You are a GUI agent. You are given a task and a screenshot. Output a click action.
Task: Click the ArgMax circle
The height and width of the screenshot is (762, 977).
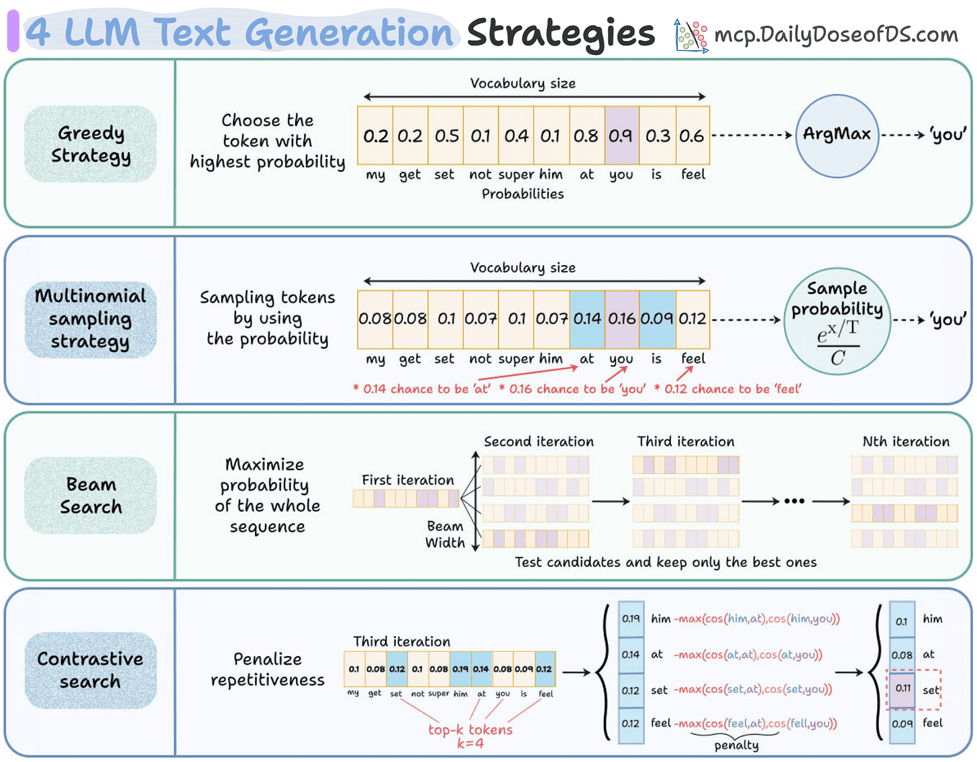(x=837, y=135)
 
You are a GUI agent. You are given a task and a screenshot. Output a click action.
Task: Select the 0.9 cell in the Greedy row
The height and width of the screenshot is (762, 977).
(x=621, y=135)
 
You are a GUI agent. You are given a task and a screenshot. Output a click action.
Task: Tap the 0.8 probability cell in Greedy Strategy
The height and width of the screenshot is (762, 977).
(x=586, y=135)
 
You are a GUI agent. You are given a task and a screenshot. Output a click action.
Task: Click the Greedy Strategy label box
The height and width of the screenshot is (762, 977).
(x=91, y=144)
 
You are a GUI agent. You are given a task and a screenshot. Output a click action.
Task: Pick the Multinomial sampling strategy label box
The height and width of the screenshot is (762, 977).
(x=91, y=319)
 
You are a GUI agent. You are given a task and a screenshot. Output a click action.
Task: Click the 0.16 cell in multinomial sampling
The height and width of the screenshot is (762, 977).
(x=621, y=319)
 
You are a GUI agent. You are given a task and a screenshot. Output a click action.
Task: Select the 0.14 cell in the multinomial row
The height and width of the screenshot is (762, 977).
(x=587, y=319)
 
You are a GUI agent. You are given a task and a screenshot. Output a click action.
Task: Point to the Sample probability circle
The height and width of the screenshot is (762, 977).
(x=837, y=321)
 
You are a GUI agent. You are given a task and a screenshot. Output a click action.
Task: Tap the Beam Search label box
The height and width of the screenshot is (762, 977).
(x=91, y=496)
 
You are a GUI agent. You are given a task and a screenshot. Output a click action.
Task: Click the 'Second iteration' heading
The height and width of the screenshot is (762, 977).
(x=539, y=441)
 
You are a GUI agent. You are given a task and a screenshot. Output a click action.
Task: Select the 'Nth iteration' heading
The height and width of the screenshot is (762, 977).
(x=906, y=441)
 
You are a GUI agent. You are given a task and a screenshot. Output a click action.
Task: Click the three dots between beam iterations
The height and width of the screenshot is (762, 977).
(x=794, y=501)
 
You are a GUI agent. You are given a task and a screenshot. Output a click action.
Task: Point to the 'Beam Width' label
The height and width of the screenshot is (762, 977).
(x=445, y=535)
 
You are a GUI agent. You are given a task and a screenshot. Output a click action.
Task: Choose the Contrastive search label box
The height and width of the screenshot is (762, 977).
(x=91, y=670)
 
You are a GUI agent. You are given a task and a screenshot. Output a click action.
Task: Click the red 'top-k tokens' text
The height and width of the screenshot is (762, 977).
(x=470, y=730)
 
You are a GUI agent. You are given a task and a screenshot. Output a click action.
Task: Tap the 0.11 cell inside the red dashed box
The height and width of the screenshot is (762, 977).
(x=903, y=689)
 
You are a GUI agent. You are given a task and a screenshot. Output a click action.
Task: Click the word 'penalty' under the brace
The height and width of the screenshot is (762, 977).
(x=736, y=745)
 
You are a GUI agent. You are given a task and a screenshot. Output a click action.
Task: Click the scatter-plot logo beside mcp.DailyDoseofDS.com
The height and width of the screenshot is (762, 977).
(x=691, y=36)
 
